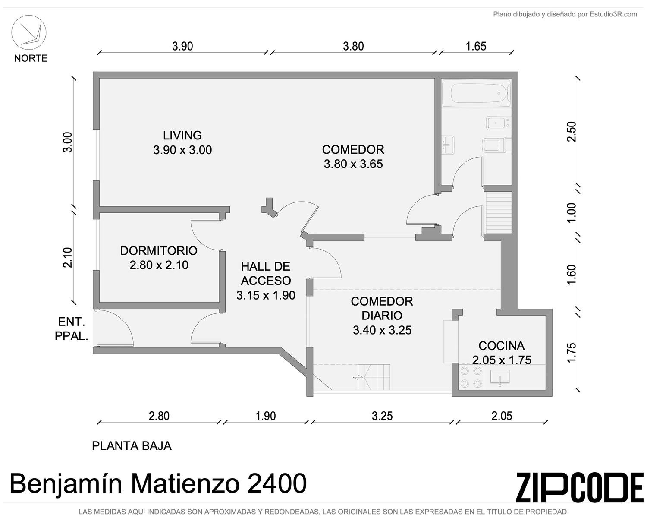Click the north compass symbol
29,32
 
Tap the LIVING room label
182,135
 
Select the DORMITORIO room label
159,251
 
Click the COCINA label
502,346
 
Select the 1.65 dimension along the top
476,46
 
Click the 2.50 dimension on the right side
572,132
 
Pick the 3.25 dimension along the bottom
382,416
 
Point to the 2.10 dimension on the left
68,257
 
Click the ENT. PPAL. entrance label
72,329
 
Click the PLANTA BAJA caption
132,446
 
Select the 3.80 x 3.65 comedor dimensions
353,164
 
